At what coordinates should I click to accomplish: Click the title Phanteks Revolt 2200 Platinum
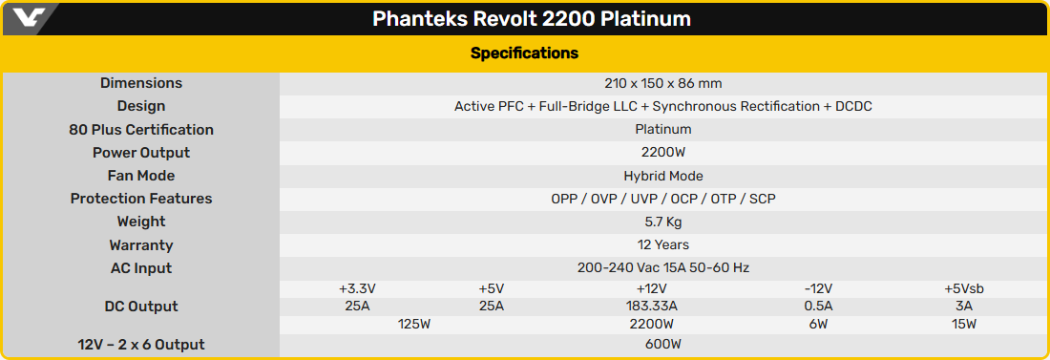pos(532,19)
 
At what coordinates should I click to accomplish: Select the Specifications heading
pos(524,53)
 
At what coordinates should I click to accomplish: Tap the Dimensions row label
pos(141,83)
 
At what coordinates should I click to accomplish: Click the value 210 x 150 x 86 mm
pos(663,83)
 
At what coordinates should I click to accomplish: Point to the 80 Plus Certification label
pos(141,130)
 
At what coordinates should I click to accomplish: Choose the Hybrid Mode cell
pos(663,176)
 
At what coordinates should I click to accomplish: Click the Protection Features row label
pos(141,199)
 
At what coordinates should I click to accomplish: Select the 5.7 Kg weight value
pos(663,222)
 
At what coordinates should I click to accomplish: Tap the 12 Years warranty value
pos(663,245)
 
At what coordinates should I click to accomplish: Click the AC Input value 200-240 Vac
pos(663,268)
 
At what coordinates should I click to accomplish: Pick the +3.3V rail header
pos(357,288)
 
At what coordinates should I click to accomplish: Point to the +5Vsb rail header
pos(964,288)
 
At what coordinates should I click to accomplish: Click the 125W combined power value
pos(414,325)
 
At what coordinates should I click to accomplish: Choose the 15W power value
pos(964,325)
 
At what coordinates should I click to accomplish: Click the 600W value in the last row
pos(663,345)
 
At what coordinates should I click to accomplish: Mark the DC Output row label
pos(141,307)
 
